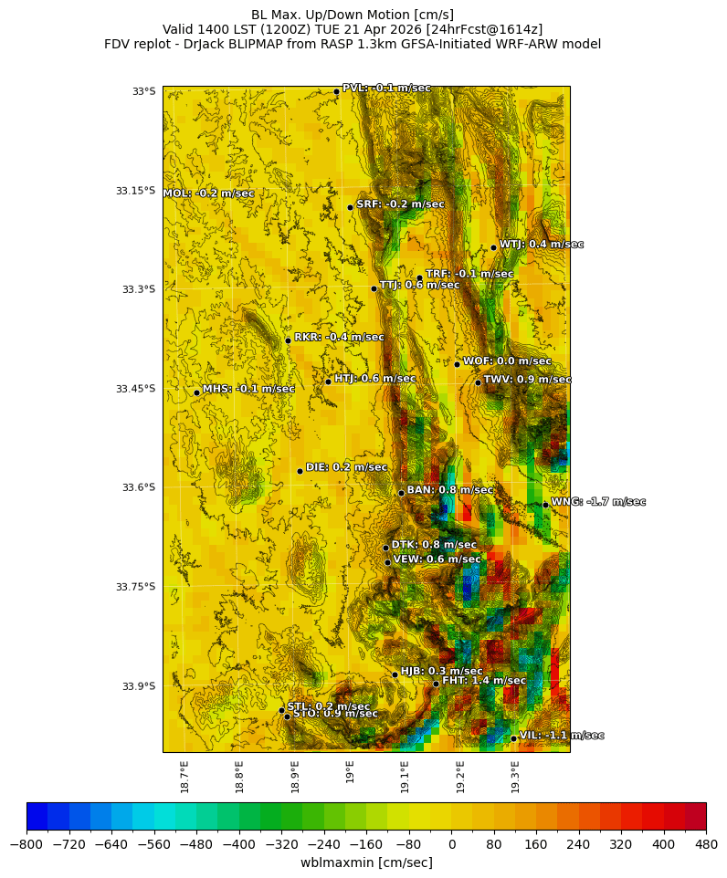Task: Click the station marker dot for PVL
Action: pyautogui.click(x=336, y=91)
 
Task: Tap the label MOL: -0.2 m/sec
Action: pyautogui.click(x=208, y=193)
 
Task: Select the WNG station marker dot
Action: pyautogui.click(x=545, y=505)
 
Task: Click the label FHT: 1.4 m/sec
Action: pyautogui.click(x=484, y=681)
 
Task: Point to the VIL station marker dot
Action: pyautogui.click(x=513, y=738)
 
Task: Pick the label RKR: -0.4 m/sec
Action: pyautogui.click(x=339, y=337)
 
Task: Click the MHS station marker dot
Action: pyautogui.click(x=196, y=392)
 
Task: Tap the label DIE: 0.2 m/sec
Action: pyautogui.click(x=346, y=467)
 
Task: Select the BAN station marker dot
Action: pyautogui.click(x=401, y=493)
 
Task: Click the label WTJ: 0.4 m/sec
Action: pyautogui.click(x=541, y=245)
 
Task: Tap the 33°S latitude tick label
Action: pyautogui.click(x=143, y=91)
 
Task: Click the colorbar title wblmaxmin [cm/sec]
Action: pyautogui.click(x=366, y=863)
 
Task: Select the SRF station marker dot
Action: pyautogui.click(x=350, y=207)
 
